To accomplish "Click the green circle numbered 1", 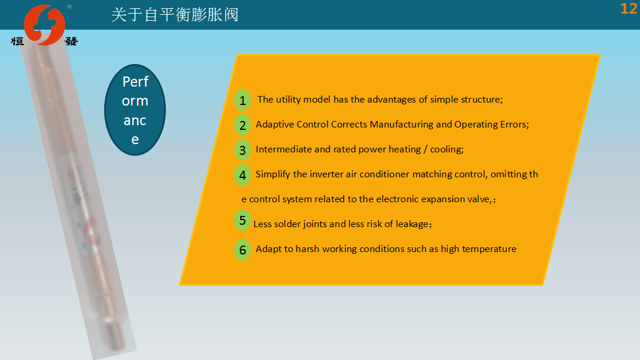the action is click(243, 100).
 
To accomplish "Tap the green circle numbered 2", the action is click(243, 125).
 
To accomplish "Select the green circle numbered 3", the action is click(243, 150).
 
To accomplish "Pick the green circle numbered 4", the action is click(243, 175).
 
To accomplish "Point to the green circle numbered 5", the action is click(243, 221).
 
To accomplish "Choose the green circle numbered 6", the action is click(243, 250).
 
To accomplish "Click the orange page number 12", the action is click(629, 8).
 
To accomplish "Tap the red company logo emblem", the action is click(44, 24).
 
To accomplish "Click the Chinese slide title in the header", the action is click(175, 15).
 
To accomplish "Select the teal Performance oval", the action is click(135, 110).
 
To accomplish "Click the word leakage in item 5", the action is click(412, 224).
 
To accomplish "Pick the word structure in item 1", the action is click(481, 100).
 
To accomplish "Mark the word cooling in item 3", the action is click(445, 149).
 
